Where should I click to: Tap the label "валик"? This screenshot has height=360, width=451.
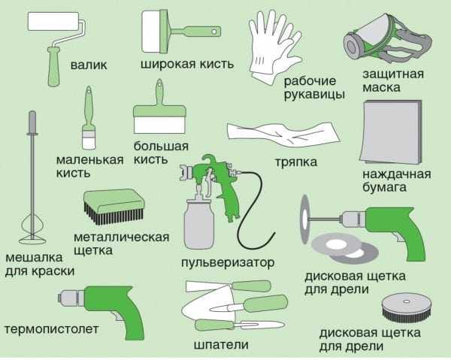click(x=89, y=65)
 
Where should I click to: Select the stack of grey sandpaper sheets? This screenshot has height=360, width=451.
click(x=391, y=132)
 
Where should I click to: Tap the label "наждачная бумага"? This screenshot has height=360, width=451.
click(x=396, y=180)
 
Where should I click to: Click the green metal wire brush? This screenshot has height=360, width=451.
click(x=112, y=207)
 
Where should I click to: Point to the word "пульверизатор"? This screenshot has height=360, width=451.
click(x=228, y=262)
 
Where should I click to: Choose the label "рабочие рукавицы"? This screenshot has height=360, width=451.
click(x=315, y=87)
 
